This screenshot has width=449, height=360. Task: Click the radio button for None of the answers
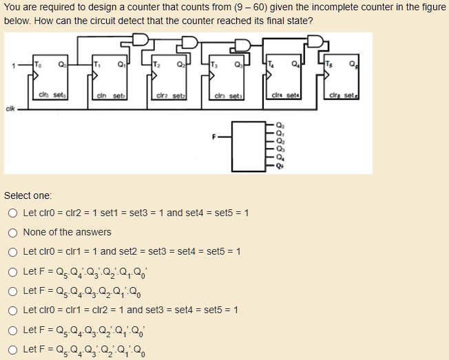[x=14, y=232]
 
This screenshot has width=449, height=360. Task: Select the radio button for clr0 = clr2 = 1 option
[x=14, y=213]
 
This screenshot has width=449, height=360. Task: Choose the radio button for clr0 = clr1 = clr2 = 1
[x=14, y=310]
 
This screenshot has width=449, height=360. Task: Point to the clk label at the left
[x=10, y=107]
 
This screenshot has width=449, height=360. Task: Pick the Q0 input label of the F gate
[x=279, y=126]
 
